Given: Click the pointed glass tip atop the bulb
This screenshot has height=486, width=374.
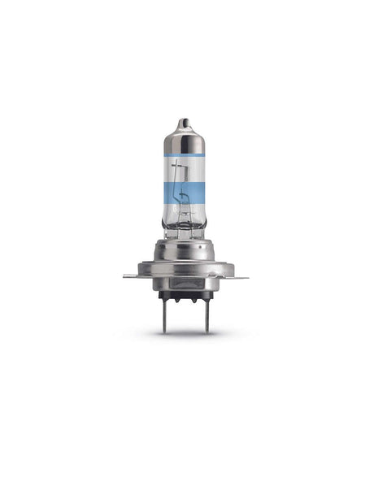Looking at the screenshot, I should tap(185, 122).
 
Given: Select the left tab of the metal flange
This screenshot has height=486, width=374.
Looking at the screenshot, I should tap(130, 276).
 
